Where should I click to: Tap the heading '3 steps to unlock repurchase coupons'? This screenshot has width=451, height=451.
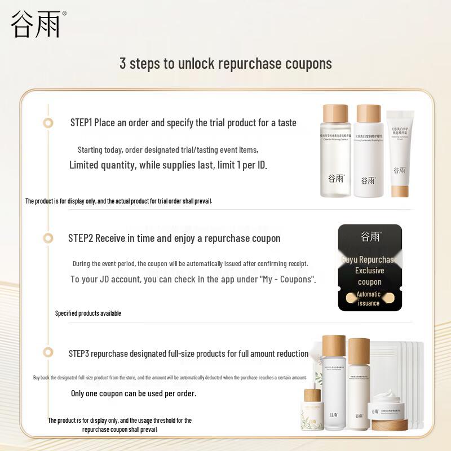click(225, 63)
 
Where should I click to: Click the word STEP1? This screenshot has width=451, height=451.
click(81, 122)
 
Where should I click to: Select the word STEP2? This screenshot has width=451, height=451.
click(80, 238)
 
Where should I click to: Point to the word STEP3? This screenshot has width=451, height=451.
click(79, 354)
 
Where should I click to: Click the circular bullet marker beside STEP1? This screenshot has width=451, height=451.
click(48, 123)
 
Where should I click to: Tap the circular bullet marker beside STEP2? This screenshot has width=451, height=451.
click(48, 238)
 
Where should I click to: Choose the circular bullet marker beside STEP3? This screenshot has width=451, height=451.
click(48, 353)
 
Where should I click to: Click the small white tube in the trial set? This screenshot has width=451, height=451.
click(400, 152)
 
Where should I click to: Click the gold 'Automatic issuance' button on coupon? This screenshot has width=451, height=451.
click(369, 298)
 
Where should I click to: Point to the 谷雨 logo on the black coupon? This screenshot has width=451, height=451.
click(370, 237)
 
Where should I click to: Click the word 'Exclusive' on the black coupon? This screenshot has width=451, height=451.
click(369, 271)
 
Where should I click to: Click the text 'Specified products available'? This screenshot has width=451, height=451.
click(88, 313)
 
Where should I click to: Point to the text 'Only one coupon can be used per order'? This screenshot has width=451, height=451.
click(134, 393)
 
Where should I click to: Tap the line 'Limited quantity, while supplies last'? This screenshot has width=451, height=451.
click(168, 165)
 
